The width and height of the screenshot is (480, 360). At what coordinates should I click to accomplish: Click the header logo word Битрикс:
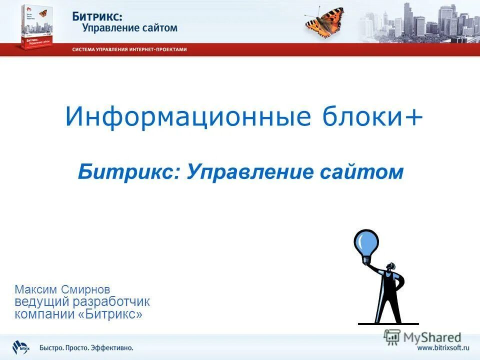click(97, 16)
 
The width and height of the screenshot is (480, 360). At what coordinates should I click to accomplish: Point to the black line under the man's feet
click(388, 324)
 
